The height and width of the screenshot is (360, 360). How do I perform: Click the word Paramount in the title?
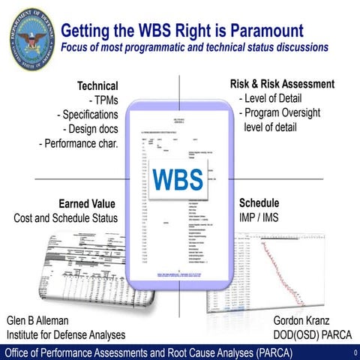pos(263,31)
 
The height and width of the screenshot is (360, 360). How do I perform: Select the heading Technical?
pos(98,85)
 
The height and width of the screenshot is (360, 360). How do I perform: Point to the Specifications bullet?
pos(88,115)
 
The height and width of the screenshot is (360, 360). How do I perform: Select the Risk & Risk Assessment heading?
pos(282,84)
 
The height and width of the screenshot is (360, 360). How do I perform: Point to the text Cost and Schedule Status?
pos(66,217)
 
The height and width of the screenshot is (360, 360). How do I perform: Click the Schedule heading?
pos(259,202)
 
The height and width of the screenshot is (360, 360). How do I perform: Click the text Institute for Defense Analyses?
pos(66,334)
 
